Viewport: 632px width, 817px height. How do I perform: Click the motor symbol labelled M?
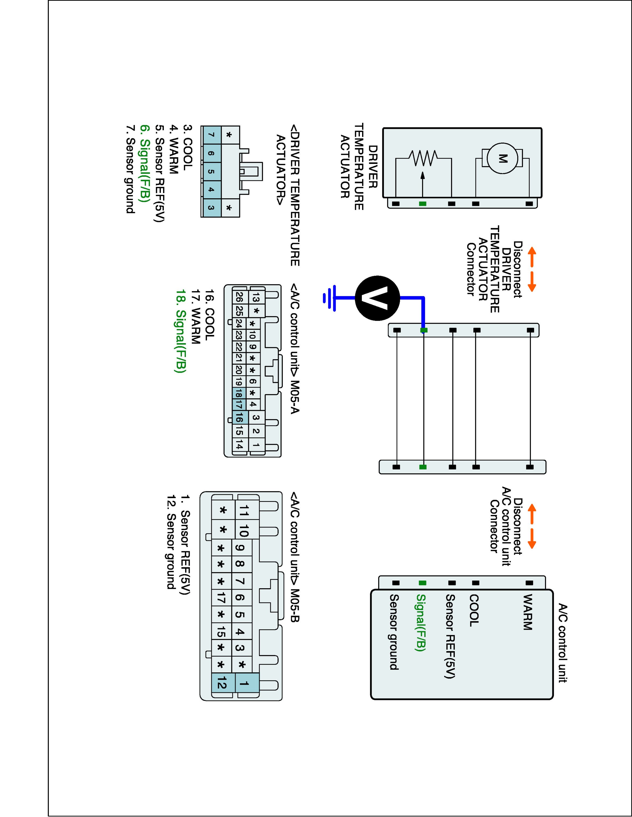click(x=502, y=158)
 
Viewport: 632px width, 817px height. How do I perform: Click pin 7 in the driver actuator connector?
click(x=211, y=135)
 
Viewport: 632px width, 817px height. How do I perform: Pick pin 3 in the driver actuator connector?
click(x=211, y=208)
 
